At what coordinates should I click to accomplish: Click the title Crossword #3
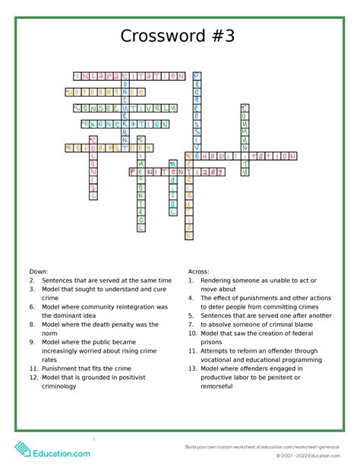[x=180, y=36]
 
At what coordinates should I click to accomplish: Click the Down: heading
[x=39, y=271]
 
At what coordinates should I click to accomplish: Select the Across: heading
[x=199, y=271]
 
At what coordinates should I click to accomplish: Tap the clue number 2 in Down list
[x=33, y=280]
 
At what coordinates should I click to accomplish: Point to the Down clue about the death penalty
[x=99, y=328]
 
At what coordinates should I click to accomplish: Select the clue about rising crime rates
[x=99, y=350]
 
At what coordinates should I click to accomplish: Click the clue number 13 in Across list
[x=194, y=368]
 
